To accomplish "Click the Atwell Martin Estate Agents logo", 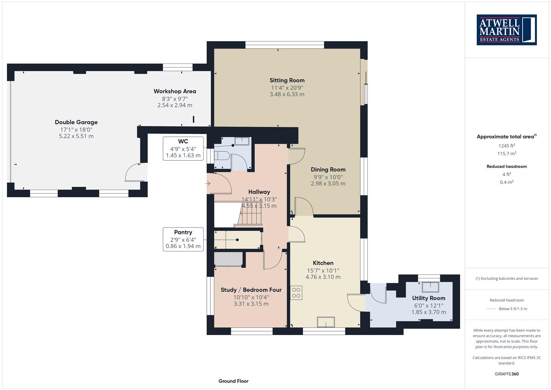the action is [507, 30].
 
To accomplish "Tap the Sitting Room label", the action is [287, 80].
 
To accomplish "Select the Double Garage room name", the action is [76, 122].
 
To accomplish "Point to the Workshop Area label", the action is [175, 91].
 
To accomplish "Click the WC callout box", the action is [183, 148].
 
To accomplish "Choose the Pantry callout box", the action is [183, 239].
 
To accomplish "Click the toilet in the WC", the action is [222, 156].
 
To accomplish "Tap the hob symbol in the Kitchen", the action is [296, 293].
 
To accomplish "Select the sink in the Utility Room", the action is [430, 287].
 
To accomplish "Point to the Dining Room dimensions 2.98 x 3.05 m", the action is [328, 183].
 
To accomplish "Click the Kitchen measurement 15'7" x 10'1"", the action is [323, 270].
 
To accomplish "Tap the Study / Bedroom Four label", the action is [251, 290].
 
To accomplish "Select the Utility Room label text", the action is [429, 298].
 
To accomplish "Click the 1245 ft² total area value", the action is [507, 146].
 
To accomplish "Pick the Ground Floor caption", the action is [233, 381].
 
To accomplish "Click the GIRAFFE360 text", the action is [507, 374].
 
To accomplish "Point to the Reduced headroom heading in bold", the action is [507, 166].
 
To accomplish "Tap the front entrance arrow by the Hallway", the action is [208, 183].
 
